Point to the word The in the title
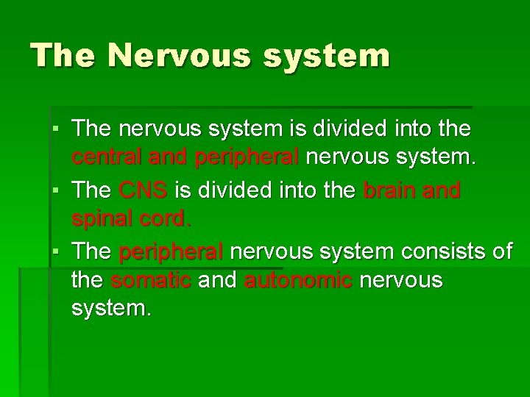point(62,56)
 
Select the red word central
point(107,157)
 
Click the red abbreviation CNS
point(144,190)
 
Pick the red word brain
point(390,190)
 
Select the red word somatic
point(151,280)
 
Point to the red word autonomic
point(298,280)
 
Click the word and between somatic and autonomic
point(219,280)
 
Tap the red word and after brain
point(442,190)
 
